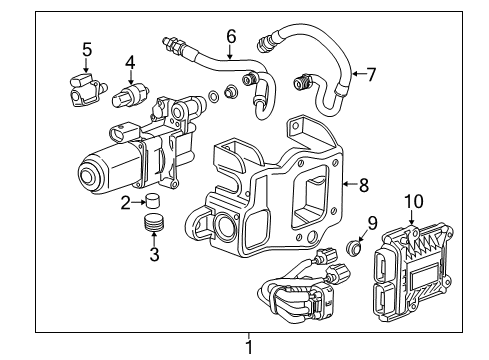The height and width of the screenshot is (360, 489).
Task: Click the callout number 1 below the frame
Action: point(249,347)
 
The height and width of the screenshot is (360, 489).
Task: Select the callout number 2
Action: point(125,204)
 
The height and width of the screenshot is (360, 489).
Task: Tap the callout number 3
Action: point(154,255)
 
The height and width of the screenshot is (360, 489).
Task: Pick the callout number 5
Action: point(87,48)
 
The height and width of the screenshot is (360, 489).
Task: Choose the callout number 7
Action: point(371,73)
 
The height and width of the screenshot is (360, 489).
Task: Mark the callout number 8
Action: point(363,184)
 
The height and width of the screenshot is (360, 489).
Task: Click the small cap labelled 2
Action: point(153,205)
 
